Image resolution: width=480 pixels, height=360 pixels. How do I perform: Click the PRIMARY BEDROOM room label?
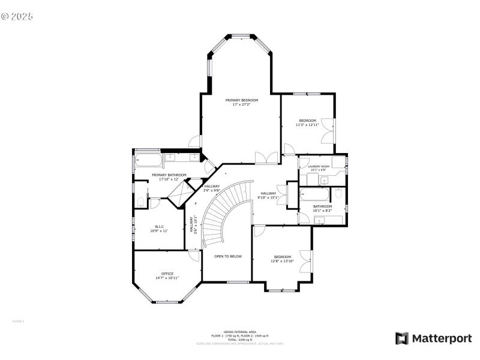[242, 100]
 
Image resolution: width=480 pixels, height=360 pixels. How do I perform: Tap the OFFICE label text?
[167, 274]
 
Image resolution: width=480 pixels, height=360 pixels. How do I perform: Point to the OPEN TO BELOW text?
[228, 256]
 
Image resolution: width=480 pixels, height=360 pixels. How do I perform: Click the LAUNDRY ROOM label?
[319, 166]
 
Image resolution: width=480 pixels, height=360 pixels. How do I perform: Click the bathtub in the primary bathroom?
[148, 160]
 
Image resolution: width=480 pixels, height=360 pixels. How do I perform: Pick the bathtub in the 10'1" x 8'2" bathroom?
[313, 194]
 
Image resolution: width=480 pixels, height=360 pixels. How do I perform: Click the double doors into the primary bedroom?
[266, 158]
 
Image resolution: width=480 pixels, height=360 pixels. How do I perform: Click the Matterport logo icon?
[401, 338]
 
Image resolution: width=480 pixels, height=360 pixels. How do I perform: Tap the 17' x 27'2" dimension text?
[242, 104]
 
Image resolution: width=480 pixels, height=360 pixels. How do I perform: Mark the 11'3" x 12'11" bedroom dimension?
[307, 125]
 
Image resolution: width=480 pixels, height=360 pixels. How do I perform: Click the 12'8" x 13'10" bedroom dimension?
[282, 261]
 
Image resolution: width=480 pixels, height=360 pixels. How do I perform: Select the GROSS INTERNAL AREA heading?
[239, 332]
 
